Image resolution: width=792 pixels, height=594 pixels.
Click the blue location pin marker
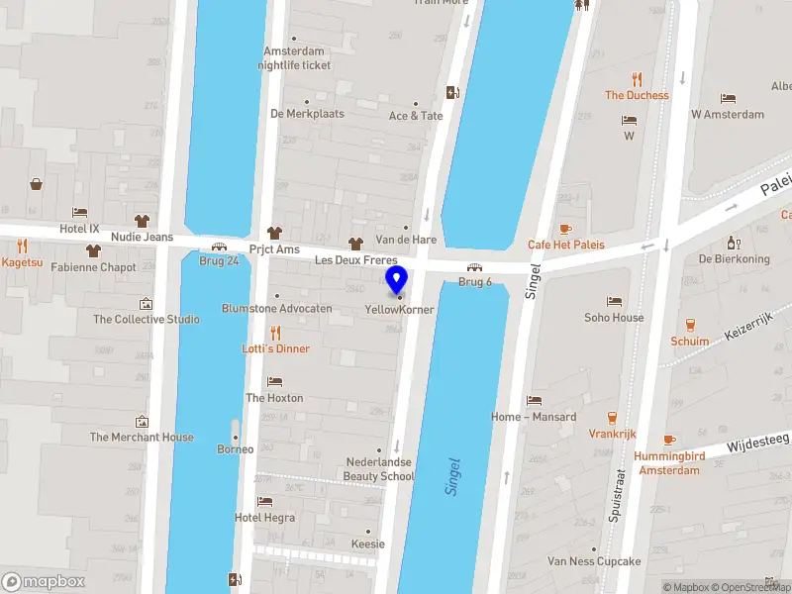coord(397,280)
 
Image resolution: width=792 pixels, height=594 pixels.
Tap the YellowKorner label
coord(400,310)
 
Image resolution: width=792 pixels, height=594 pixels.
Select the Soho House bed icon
coord(615,301)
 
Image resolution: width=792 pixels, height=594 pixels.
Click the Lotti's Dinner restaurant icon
coord(275,333)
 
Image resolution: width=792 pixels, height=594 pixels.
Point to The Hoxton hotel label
coord(274,398)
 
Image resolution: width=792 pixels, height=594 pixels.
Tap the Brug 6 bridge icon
coord(475,267)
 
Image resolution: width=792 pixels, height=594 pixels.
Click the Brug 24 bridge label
coord(219,261)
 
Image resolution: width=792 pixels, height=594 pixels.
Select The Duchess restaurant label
coord(637,96)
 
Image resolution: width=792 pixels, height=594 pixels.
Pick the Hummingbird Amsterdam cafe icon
coord(669,439)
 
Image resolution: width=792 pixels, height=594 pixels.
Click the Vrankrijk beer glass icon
coord(612,418)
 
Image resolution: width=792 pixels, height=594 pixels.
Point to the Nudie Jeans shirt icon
coord(142,221)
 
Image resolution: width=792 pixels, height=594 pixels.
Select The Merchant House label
coord(142,438)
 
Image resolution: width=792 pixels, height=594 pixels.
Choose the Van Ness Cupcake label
coord(594,561)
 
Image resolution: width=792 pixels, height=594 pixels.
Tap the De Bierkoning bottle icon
coord(734,243)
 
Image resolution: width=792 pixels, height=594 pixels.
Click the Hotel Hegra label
coord(264,518)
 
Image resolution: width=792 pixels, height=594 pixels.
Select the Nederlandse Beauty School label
coord(379,469)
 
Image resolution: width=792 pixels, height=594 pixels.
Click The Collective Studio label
coord(146,320)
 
